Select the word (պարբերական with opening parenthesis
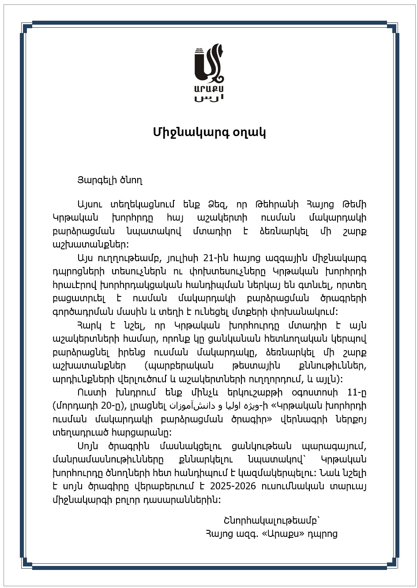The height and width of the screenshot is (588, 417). click(x=179, y=366)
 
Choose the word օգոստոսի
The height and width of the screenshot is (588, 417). click(x=316, y=392)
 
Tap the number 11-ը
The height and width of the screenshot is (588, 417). click(x=357, y=392)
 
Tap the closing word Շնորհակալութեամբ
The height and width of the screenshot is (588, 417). click(x=271, y=520)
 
